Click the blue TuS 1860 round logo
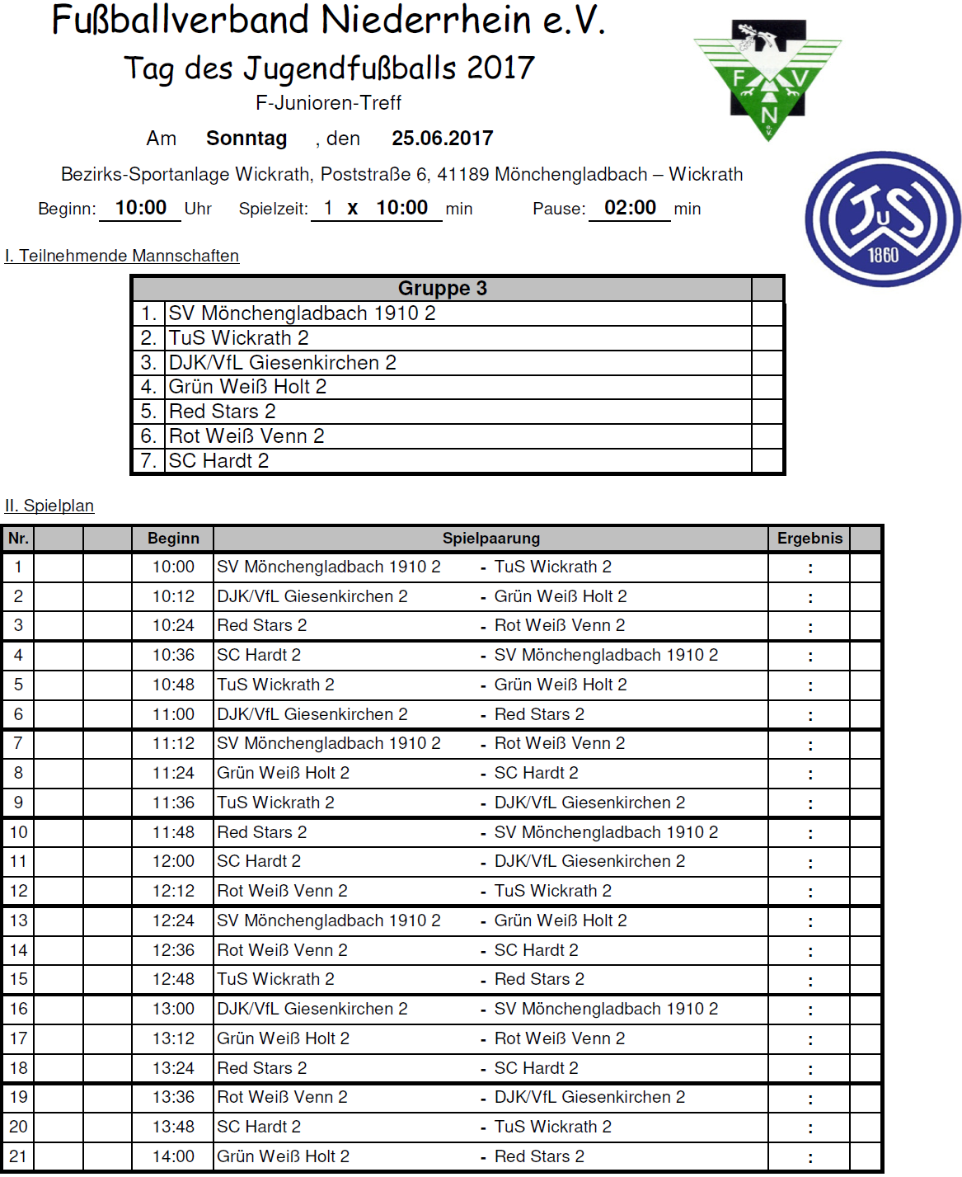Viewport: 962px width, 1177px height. pyautogui.click(x=883, y=219)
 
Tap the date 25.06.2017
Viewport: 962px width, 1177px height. pyautogui.click(x=442, y=139)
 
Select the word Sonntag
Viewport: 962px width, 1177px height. pyautogui.click(x=246, y=139)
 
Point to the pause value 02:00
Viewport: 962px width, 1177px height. pyautogui.click(x=630, y=208)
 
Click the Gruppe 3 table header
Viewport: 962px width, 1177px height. pyautogui.click(x=442, y=289)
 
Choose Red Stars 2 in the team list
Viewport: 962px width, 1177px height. pyautogui.click(x=223, y=412)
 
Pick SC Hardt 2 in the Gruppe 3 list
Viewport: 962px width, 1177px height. pyautogui.click(x=219, y=461)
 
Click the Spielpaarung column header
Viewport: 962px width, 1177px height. pyautogui.click(x=491, y=539)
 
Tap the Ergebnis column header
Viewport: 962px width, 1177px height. pyautogui.click(x=809, y=539)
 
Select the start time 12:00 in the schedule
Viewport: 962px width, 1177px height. pyautogui.click(x=173, y=862)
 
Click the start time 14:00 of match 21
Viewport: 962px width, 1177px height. pyautogui.click(x=173, y=1156)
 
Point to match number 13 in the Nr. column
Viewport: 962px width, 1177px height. pyautogui.click(x=18, y=920)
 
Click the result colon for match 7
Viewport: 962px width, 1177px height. pyautogui.click(x=810, y=745)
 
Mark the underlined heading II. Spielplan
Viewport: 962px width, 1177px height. pyautogui.click(x=49, y=506)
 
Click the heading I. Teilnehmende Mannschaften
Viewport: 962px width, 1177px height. pyautogui.click(x=122, y=256)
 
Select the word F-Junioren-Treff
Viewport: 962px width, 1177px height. pyautogui.click(x=328, y=103)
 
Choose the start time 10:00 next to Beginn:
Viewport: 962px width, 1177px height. pyautogui.click(x=141, y=208)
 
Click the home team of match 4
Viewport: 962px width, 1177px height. pyautogui.click(x=259, y=656)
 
